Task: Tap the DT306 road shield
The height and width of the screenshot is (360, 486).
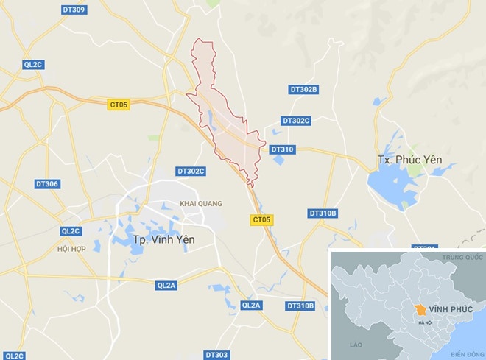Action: click(x=46, y=183)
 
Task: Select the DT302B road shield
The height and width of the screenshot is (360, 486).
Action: click(x=303, y=90)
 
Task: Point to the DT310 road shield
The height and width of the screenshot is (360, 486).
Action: click(x=282, y=149)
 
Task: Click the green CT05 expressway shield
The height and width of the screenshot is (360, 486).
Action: click(x=118, y=105)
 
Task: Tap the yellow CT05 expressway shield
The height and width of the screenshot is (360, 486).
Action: click(x=262, y=219)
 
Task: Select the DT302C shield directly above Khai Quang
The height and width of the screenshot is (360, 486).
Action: click(x=191, y=171)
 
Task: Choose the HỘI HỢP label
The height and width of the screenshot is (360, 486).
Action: click(x=71, y=249)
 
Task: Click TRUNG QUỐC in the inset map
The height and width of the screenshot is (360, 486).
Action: click(x=462, y=258)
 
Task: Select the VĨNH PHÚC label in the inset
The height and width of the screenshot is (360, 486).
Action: click(x=448, y=310)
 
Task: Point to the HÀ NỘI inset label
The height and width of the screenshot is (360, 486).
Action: click(x=425, y=323)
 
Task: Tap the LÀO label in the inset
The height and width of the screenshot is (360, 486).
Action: click(x=357, y=344)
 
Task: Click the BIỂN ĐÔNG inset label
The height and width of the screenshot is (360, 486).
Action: click(x=465, y=353)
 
